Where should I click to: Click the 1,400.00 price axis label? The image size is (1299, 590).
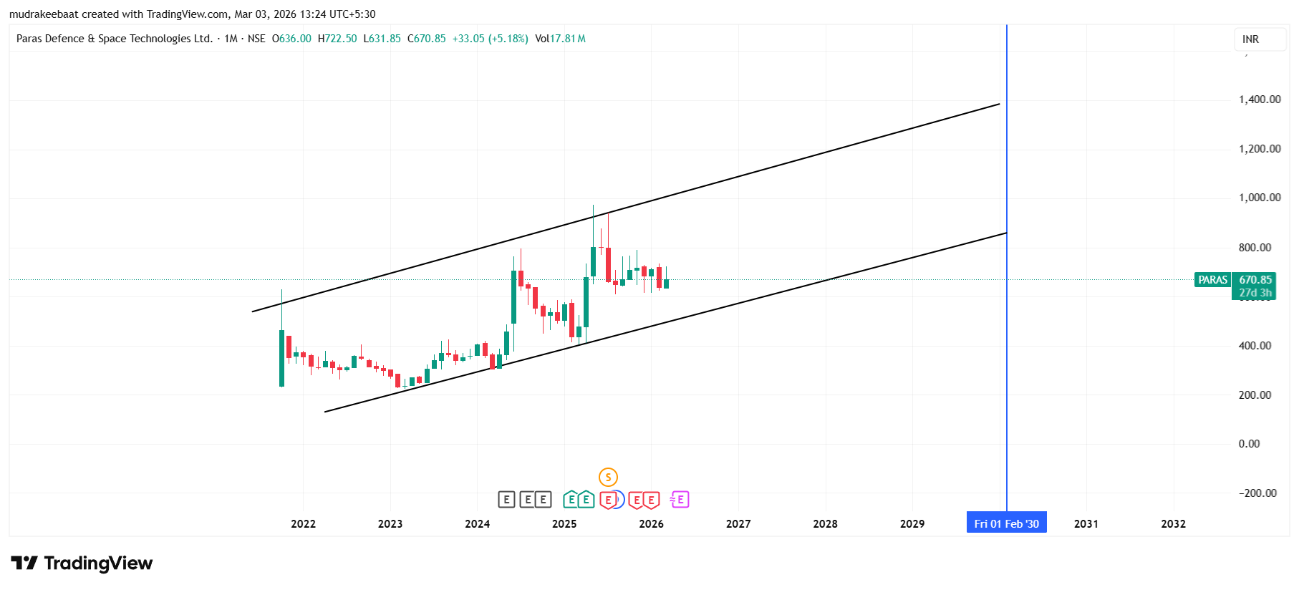point(1259,100)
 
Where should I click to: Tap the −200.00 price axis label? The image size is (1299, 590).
point(1257,493)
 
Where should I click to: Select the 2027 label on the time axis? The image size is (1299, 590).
point(738,524)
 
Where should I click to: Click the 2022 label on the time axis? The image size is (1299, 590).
point(303,524)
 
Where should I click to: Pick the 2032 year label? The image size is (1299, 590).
point(1173,524)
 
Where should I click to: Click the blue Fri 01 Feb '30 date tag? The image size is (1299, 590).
point(1006,523)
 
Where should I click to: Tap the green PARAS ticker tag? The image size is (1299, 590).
point(1212,280)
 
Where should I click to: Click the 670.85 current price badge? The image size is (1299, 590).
point(1255,280)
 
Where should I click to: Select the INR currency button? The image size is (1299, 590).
point(1250,39)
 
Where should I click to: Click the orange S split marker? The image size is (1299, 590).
point(608,477)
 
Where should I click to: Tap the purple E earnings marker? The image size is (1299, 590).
point(680,499)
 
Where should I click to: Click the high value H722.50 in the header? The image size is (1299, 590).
point(337,39)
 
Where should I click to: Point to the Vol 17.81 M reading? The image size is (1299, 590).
point(560,39)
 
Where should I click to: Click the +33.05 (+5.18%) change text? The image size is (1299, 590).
point(490,39)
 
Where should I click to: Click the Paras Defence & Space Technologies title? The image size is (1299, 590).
point(115,39)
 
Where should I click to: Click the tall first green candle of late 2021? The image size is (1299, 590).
point(281,358)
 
